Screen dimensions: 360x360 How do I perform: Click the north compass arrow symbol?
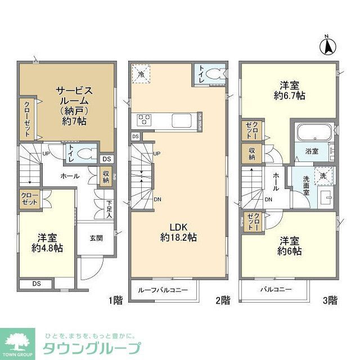click(327, 45)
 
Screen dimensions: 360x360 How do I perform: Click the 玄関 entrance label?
click(96, 238)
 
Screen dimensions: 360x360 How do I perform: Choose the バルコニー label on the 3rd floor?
click(276, 290)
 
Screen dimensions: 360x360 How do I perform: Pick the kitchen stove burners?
click(143, 120)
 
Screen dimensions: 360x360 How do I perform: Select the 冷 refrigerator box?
click(141, 74)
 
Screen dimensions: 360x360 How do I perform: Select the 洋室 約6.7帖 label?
click(290, 91)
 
